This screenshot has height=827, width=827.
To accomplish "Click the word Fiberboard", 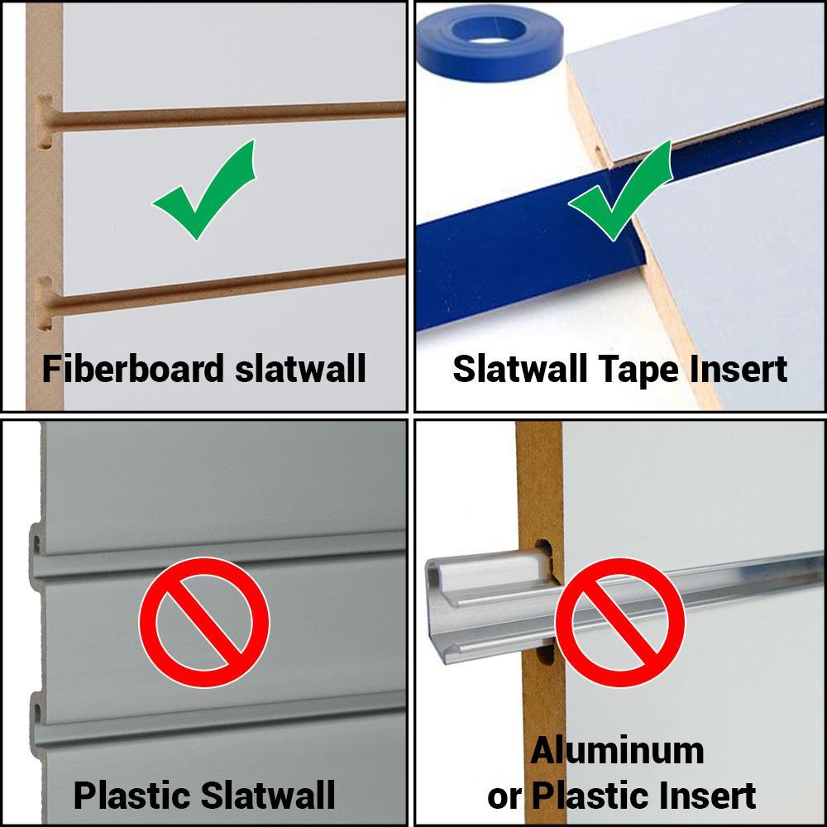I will pos(133,368).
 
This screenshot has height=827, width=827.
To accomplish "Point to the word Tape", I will pos(635,369).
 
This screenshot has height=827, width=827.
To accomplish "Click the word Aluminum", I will pos(617,751).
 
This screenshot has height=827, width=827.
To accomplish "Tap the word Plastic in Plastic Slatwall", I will pos(131,796).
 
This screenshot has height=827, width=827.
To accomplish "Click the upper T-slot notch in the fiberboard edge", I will pos(45,120).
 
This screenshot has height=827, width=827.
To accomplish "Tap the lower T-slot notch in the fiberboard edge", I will pos(45,303).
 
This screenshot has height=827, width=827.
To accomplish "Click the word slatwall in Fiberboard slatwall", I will pos(299,368).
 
